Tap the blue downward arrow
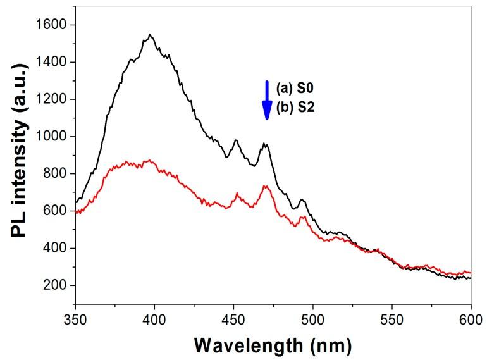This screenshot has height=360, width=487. (267, 100)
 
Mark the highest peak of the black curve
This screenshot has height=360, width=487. (150, 35)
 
